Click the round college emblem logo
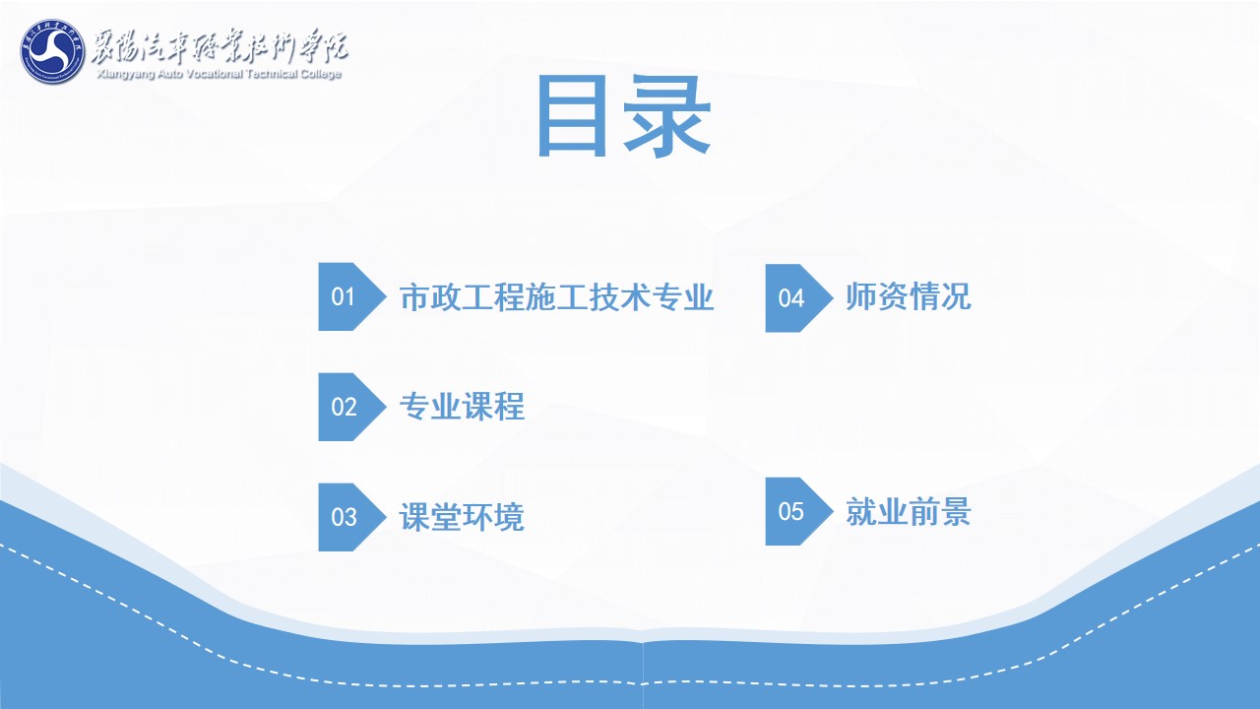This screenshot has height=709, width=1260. tap(52, 51)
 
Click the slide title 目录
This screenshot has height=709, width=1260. tap(624, 117)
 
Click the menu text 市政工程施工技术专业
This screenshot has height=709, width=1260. tap(557, 297)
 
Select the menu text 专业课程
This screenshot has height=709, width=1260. tap(462, 407)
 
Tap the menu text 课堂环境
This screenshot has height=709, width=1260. tap(462, 517)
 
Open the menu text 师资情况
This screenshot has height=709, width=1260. tap(909, 296)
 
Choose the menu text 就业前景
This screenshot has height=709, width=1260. tap(909, 511)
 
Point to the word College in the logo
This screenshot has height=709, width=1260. tap(321, 74)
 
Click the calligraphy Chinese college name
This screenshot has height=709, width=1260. tap(220, 45)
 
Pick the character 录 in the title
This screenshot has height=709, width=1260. tap(667, 117)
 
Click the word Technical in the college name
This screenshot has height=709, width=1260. tap(272, 74)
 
